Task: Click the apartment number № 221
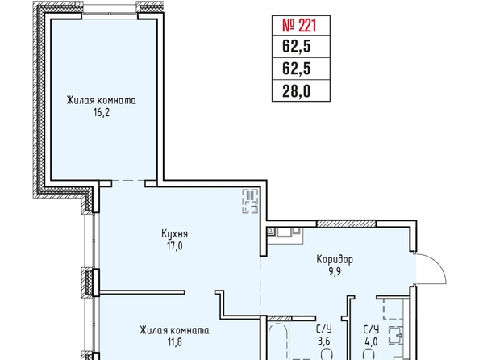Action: [299, 25]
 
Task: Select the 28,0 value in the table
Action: [296, 91]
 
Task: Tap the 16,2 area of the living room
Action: [102, 113]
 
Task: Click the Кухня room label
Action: [174, 234]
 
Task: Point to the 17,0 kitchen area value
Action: [175, 245]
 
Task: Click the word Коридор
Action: [335, 259]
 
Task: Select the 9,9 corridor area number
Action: [335, 271]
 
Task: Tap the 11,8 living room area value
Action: [175, 342]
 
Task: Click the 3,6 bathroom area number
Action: [324, 341]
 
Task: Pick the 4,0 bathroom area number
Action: [371, 341]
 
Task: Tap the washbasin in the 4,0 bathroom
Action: [396, 336]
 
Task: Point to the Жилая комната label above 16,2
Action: [102, 101]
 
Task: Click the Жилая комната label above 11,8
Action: [174, 330]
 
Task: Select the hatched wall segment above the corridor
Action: [347, 224]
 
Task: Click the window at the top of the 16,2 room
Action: [110, 14]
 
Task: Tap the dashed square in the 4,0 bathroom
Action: [394, 309]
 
